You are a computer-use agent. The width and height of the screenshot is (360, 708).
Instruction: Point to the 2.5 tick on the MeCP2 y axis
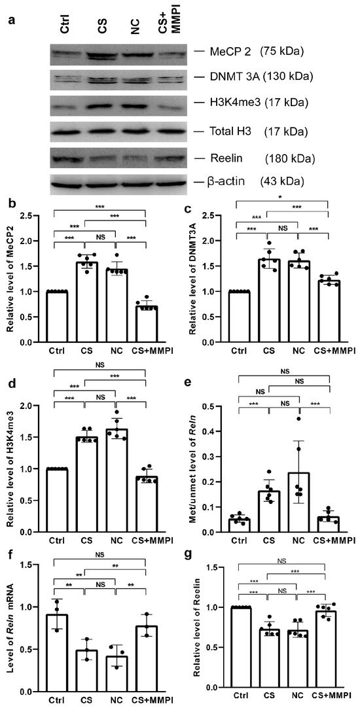click(x=32, y=216)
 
